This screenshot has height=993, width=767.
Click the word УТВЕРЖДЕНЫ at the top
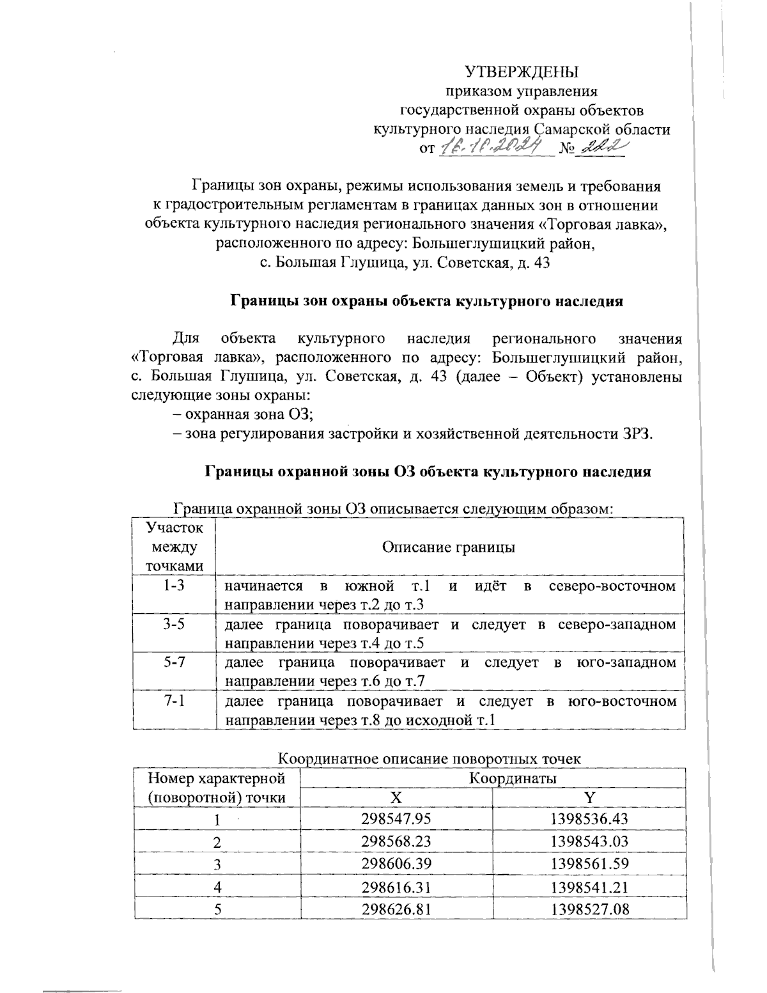point(522,70)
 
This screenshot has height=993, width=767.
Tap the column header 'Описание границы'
point(449,547)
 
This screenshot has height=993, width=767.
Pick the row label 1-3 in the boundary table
point(174,586)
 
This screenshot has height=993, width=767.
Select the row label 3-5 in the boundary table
point(174,624)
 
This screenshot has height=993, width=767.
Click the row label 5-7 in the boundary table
point(174,662)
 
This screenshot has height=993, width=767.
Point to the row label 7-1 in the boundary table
point(174,701)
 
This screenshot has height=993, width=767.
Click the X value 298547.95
point(396,819)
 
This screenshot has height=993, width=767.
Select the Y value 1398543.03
point(589,841)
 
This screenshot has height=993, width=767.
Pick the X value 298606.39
point(396,863)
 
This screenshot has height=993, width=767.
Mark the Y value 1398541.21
point(589,886)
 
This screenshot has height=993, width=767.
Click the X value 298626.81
point(396,907)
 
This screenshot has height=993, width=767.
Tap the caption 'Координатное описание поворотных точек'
point(430,759)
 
